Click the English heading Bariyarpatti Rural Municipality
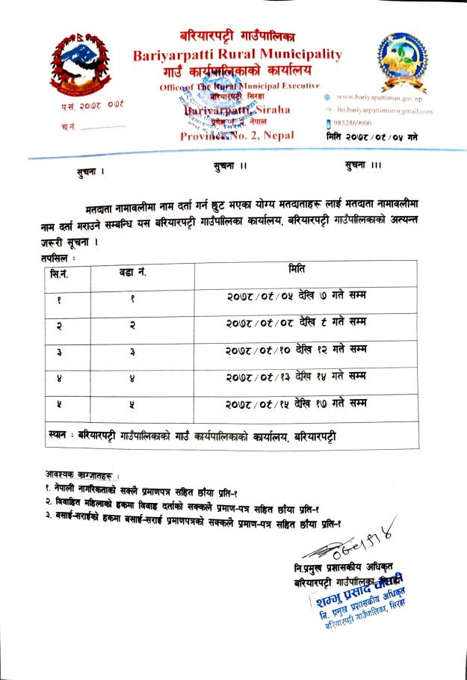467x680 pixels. pos(237,55)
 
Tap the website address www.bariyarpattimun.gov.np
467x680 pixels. pos(379,98)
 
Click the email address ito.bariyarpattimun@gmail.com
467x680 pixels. pos(384,111)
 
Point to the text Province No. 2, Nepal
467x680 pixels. pos(237,135)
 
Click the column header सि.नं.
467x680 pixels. pos(60,274)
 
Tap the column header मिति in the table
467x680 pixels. pos(297,269)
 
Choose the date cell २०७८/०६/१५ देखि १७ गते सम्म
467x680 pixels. pos(297,404)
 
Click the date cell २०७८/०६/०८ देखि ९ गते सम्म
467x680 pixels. pos(297,325)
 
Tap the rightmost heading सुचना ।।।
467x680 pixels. pos(362,166)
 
